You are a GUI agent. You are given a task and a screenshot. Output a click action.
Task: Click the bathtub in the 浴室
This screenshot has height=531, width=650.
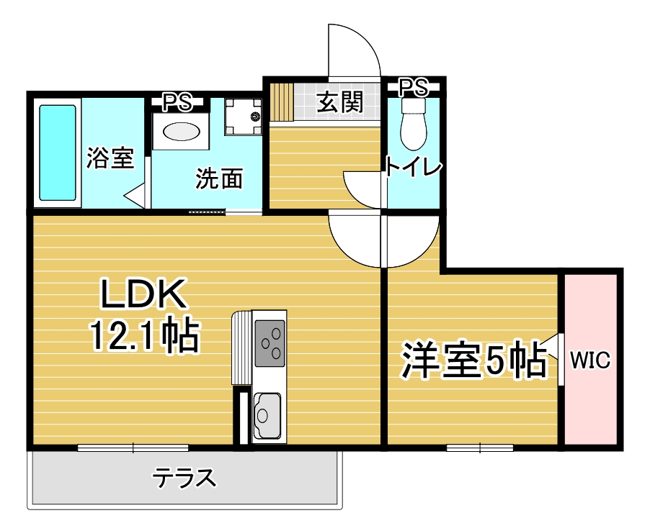[x=58, y=153]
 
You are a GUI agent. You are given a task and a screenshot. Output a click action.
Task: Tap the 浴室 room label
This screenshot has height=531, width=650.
[x=110, y=158]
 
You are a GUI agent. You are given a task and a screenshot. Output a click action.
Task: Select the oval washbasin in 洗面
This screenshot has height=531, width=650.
[x=181, y=132]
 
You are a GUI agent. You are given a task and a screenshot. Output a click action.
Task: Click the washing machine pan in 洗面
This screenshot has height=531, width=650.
[x=244, y=117]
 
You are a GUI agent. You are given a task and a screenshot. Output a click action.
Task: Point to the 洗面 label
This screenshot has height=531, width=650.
[x=219, y=178]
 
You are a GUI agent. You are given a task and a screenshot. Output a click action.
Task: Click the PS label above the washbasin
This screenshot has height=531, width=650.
[x=177, y=102]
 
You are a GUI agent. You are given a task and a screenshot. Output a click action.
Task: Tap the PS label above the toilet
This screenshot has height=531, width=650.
[x=414, y=87]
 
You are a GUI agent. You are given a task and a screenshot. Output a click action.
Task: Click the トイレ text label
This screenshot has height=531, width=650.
[x=413, y=166]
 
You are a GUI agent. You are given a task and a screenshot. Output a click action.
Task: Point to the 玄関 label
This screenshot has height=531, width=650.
[x=340, y=102]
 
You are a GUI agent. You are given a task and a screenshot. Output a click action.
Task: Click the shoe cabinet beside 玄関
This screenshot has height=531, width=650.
[x=282, y=102]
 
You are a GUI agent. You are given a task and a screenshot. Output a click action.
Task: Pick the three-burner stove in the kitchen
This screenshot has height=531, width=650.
[x=270, y=343]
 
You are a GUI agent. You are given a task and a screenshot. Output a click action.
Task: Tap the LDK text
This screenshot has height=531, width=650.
[x=143, y=294]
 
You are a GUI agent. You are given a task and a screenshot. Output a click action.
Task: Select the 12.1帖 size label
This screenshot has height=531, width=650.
[x=145, y=335]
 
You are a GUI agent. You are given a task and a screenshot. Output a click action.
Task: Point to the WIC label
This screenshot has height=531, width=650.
[x=590, y=360]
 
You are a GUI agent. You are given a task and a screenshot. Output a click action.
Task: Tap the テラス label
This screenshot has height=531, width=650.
[x=184, y=478]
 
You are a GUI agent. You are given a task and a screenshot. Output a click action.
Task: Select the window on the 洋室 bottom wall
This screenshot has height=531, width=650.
[x=480, y=448]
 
